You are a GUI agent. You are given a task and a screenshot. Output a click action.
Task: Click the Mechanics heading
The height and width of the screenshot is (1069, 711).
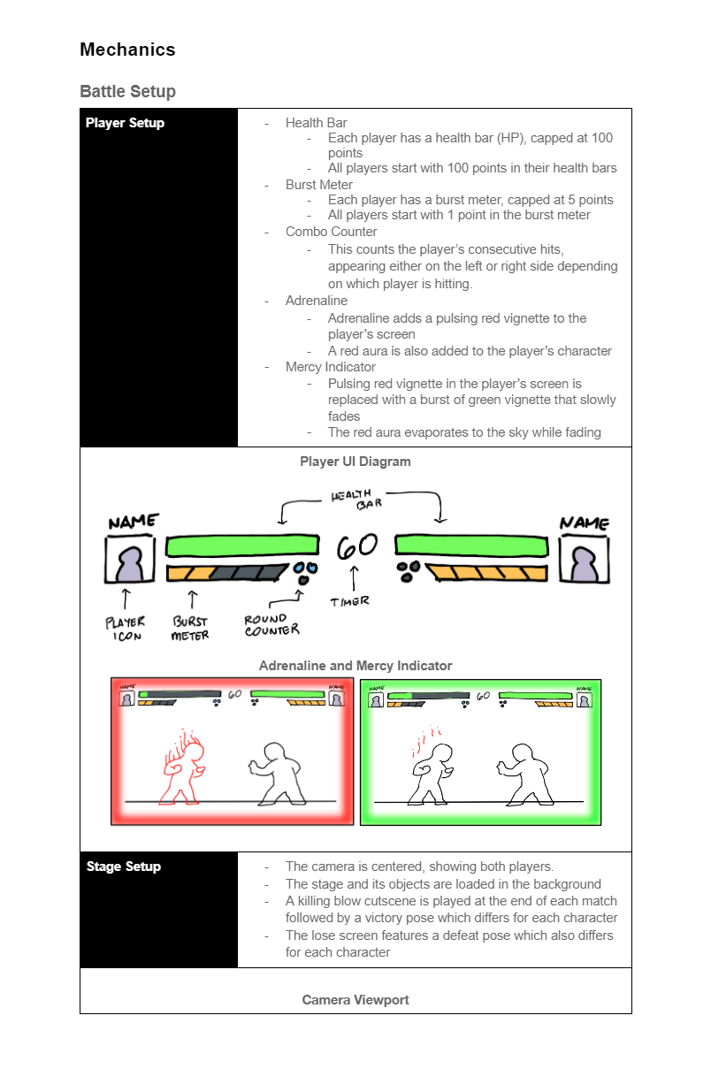coord(127,50)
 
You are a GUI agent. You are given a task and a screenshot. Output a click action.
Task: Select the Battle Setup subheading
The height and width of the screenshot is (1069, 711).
coord(127,91)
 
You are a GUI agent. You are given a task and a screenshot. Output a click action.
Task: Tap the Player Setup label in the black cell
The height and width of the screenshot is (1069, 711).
coord(125,123)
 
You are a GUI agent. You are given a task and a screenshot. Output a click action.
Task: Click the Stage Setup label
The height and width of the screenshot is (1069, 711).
coord(124,867)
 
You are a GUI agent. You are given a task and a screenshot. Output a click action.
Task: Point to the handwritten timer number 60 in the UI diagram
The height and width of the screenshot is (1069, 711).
coord(357,546)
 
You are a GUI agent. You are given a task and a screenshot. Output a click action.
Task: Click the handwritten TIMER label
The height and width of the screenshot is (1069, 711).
coord(350,601)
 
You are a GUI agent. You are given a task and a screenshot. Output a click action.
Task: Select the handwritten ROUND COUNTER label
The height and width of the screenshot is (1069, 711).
coord(272,625)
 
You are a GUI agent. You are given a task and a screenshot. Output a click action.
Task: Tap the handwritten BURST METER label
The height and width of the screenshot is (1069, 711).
coord(190,628)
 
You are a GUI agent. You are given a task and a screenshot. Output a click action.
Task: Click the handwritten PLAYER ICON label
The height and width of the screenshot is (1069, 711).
coord(125,629)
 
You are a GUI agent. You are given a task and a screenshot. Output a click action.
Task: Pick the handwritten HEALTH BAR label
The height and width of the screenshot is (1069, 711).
coord(357,500)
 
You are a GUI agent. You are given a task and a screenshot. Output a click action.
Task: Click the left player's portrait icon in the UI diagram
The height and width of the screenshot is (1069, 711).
coord(130,560)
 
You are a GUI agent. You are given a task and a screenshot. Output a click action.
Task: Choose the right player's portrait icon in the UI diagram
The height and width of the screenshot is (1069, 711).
coord(585,560)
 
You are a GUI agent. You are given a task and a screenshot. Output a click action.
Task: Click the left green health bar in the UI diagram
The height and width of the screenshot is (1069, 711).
coord(242,546)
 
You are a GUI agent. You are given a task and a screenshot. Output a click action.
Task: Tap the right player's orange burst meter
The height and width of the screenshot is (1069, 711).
coord(486,572)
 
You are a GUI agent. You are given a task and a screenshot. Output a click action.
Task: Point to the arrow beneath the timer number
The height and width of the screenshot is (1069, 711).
coord(354,579)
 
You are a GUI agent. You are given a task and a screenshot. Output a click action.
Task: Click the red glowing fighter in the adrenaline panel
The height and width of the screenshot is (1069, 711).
coord(182,767)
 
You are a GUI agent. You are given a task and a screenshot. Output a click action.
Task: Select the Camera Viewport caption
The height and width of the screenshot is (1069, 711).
coord(355,1000)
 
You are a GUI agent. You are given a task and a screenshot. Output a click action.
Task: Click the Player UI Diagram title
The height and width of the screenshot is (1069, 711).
coord(355,462)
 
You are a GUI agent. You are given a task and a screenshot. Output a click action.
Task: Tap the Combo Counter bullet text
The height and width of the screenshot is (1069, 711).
coord(331,232)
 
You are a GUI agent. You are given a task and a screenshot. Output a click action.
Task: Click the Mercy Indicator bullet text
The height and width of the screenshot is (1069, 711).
coord(330,367)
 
